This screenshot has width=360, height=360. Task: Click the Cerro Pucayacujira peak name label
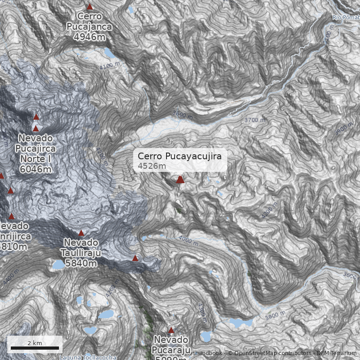180,156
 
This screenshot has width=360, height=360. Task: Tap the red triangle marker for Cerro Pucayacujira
180,180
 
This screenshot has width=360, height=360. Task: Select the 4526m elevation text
152,166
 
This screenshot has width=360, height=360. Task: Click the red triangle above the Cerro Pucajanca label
90,7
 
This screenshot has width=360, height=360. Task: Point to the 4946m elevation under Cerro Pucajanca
89,36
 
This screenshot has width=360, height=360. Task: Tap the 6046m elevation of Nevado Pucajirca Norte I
36,169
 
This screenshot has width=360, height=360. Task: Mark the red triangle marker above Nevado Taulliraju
81,233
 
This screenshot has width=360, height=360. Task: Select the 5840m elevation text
81,263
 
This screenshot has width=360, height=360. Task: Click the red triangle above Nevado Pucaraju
171,330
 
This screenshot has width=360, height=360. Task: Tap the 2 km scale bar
35,347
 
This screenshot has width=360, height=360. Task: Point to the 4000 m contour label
188,240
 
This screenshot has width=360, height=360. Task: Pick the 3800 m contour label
275,315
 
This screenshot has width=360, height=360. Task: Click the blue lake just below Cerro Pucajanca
108,54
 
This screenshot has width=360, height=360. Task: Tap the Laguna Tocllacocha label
88,358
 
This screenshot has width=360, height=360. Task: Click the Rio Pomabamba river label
346,18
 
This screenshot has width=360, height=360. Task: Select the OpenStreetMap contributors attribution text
270,353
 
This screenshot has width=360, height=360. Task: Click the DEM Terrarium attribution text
337,353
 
